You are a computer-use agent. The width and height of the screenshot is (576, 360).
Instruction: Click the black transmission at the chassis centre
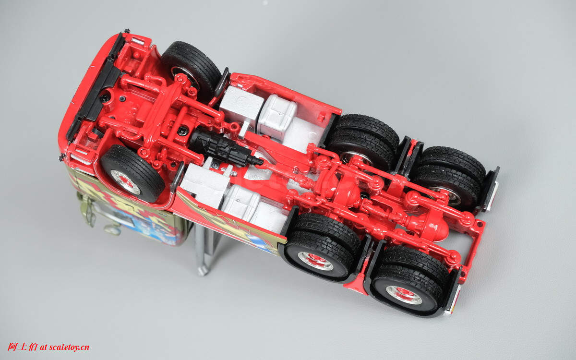226,148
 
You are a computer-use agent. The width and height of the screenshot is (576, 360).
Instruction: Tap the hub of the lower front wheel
125,182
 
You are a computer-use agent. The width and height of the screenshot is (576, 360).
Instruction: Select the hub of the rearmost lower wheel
404,295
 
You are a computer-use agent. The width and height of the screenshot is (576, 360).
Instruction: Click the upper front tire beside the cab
191,69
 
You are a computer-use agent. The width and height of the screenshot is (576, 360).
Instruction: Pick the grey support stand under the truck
206,248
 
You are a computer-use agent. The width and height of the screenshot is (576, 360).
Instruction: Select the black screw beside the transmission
182,131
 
